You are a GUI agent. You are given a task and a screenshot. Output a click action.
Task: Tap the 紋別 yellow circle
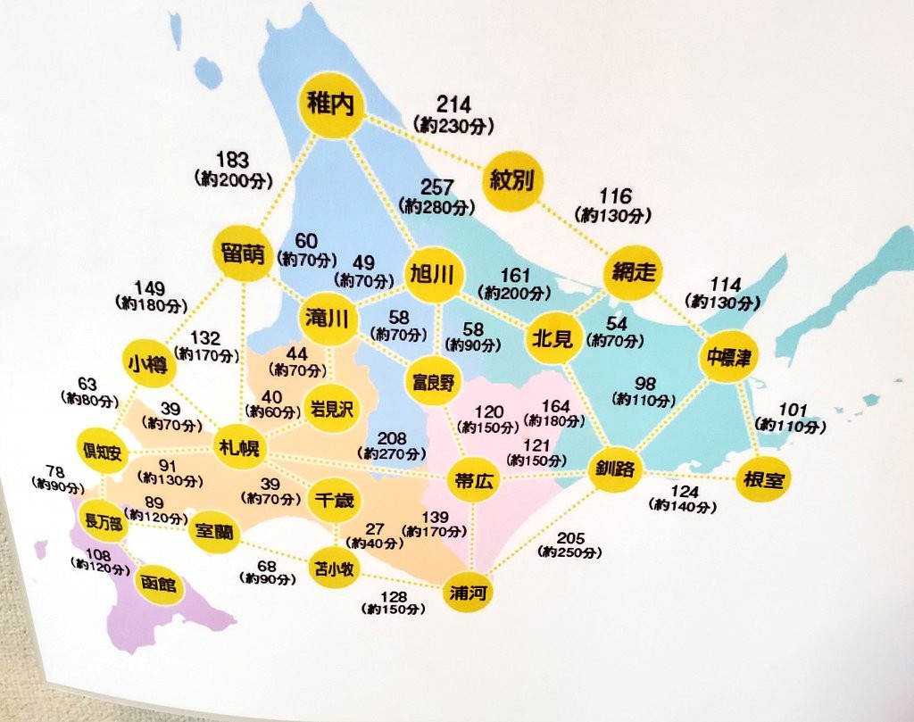click(x=511, y=181)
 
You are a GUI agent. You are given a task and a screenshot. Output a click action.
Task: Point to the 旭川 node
click(x=433, y=274)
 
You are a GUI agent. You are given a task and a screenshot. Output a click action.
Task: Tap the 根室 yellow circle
click(x=762, y=480)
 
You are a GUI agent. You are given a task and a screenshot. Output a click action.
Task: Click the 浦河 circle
click(x=469, y=592)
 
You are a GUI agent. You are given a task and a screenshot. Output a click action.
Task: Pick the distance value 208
click(x=392, y=438)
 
